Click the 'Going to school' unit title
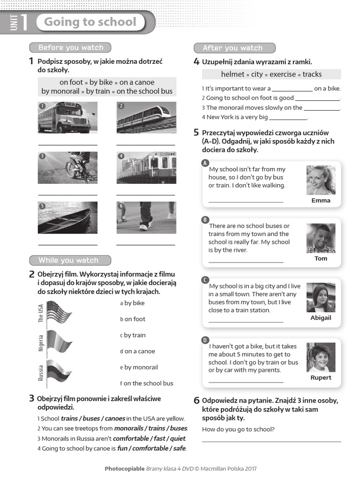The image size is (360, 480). pos(90,22)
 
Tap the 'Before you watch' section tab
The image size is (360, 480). pos(70,47)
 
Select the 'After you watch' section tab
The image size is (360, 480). pos(234,48)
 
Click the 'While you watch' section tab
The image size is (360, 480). pos(70,260)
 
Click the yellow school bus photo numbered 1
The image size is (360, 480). pos(67,118)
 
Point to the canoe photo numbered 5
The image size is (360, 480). pos(67,217)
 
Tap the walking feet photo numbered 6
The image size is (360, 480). pos(146,217)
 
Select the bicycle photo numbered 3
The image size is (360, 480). pos(67,167)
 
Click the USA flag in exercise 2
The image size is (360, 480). pos(59,312)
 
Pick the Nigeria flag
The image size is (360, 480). pos(59,342)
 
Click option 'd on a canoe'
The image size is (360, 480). pos(137,351)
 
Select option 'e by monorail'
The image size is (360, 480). pos(139,367)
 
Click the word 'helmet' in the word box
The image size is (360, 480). pos(233,74)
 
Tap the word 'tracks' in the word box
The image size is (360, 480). pos(312,74)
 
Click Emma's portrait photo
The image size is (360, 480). pos(321,180)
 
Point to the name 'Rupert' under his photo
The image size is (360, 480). pos(321,377)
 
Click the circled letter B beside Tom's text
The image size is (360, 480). pos(205,219)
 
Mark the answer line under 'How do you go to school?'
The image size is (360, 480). pos(271,441)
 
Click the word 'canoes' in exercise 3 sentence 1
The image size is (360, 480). pos(115,419)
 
